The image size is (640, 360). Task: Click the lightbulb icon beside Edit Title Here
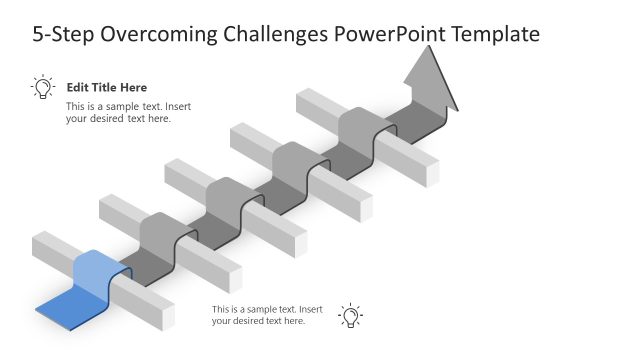tap(43, 88)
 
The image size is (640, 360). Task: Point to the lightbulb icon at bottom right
tap(350, 315)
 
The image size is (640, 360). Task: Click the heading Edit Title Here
tap(106, 88)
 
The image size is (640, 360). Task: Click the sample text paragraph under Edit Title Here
tap(118, 113)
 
